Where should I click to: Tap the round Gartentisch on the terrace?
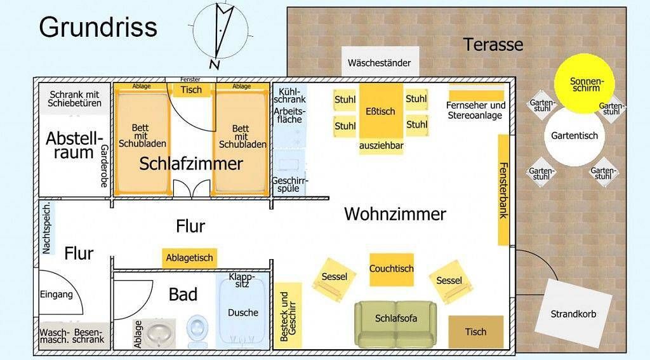[574, 136]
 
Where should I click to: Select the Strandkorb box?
[573, 314]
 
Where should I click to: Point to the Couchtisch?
[392, 269]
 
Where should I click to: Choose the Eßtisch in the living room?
[381, 111]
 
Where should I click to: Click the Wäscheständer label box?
[379, 63]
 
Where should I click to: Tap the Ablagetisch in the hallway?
[189, 258]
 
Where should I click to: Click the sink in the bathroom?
[158, 331]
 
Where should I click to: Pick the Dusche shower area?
[243, 312]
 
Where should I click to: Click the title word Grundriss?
[98, 27]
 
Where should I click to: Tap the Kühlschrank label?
[290, 95]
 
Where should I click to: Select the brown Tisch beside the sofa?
[475, 331]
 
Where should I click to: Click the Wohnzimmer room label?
[395, 214]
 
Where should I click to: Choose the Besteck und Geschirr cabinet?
[288, 314]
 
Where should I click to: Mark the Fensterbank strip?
[503, 190]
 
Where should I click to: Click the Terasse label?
[493, 44]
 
